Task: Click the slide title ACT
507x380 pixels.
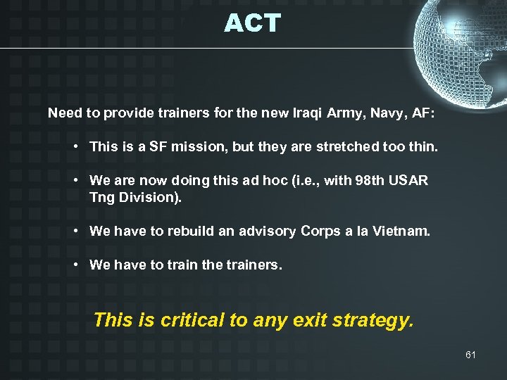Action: click(252, 24)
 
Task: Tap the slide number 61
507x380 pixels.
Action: click(470, 355)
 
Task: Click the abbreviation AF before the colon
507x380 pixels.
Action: click(424, 113)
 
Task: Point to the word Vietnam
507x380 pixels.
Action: click(403, 231)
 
